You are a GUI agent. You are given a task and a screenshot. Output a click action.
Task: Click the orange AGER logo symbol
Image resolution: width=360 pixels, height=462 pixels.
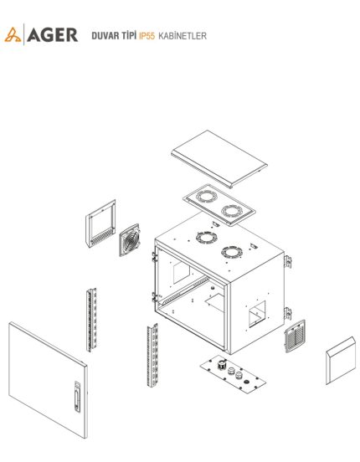(13, 35)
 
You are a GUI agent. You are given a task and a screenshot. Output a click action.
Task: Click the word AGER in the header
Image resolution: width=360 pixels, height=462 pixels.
(53, 35)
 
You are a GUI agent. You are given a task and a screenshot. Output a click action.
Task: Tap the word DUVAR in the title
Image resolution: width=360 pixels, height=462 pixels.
(105, 36)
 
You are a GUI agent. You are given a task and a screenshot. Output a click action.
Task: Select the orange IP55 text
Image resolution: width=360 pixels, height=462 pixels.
(147, 36)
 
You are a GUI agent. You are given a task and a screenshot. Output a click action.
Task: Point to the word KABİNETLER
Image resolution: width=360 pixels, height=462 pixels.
(183, 36)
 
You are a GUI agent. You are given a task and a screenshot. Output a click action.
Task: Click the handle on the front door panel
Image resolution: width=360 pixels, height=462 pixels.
(77, 397)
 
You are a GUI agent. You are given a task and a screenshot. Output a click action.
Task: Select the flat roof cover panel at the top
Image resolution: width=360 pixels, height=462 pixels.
(219, 159)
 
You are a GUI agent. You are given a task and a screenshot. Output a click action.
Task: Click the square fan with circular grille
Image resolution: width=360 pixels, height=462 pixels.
(130, 239)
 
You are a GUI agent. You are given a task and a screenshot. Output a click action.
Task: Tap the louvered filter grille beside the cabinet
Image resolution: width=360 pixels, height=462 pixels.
(295, 336)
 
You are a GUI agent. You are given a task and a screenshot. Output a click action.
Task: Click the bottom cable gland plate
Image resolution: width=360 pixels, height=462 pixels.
(233, 374)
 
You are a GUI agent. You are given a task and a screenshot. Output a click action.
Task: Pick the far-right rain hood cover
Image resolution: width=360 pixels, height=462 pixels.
(341, 361)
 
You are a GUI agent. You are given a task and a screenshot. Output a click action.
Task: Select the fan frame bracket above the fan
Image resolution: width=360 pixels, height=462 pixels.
(100, 223)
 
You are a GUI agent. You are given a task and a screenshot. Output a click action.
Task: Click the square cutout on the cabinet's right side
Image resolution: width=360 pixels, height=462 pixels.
(257, 314)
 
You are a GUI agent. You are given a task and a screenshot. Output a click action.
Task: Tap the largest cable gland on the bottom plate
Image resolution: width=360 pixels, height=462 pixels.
(221, 364)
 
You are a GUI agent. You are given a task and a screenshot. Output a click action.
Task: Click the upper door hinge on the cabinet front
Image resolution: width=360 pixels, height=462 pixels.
(154, 257)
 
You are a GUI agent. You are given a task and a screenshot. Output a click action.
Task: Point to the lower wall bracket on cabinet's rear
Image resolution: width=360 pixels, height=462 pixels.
(287, 313)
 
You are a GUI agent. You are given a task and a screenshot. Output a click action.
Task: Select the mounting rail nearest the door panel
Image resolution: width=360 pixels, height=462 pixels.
(91, 320)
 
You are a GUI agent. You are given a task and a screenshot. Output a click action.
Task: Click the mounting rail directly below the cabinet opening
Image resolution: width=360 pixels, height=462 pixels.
(152, 356)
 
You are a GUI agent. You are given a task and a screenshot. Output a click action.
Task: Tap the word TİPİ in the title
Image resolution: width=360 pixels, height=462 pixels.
(128, 35)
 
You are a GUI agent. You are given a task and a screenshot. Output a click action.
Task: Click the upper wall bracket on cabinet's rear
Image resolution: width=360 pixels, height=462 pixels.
(287, 262)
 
